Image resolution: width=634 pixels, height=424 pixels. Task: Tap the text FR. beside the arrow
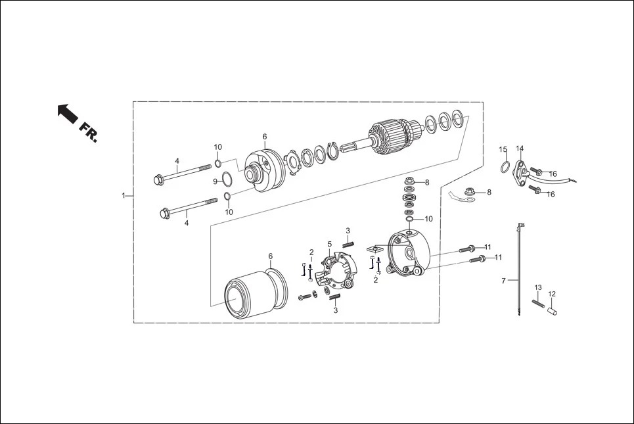pyautogui.click(x=88, y=131)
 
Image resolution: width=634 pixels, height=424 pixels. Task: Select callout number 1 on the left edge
pyautogui.click(x=123, y=195)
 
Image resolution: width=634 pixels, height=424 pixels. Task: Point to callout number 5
pyautogui.click(x=330, y=244)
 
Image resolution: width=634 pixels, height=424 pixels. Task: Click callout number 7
pyautogui.click(x=504, y=281)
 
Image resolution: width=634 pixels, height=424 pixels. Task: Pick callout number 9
pyautogui.click(x=215, y=181)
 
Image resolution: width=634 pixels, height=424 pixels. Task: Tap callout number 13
pyautogui.click(x=537, y=288)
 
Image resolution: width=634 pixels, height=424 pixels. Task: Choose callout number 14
pyautogui.click(x=520, y=149)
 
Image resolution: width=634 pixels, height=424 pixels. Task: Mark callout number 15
pyautogui.click(x=503, y=149)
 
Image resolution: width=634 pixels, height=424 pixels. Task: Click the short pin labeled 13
pyautogui.click(x=537, y=303)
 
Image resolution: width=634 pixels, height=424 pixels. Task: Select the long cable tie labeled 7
pyautogui.click(x=519, y=270)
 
